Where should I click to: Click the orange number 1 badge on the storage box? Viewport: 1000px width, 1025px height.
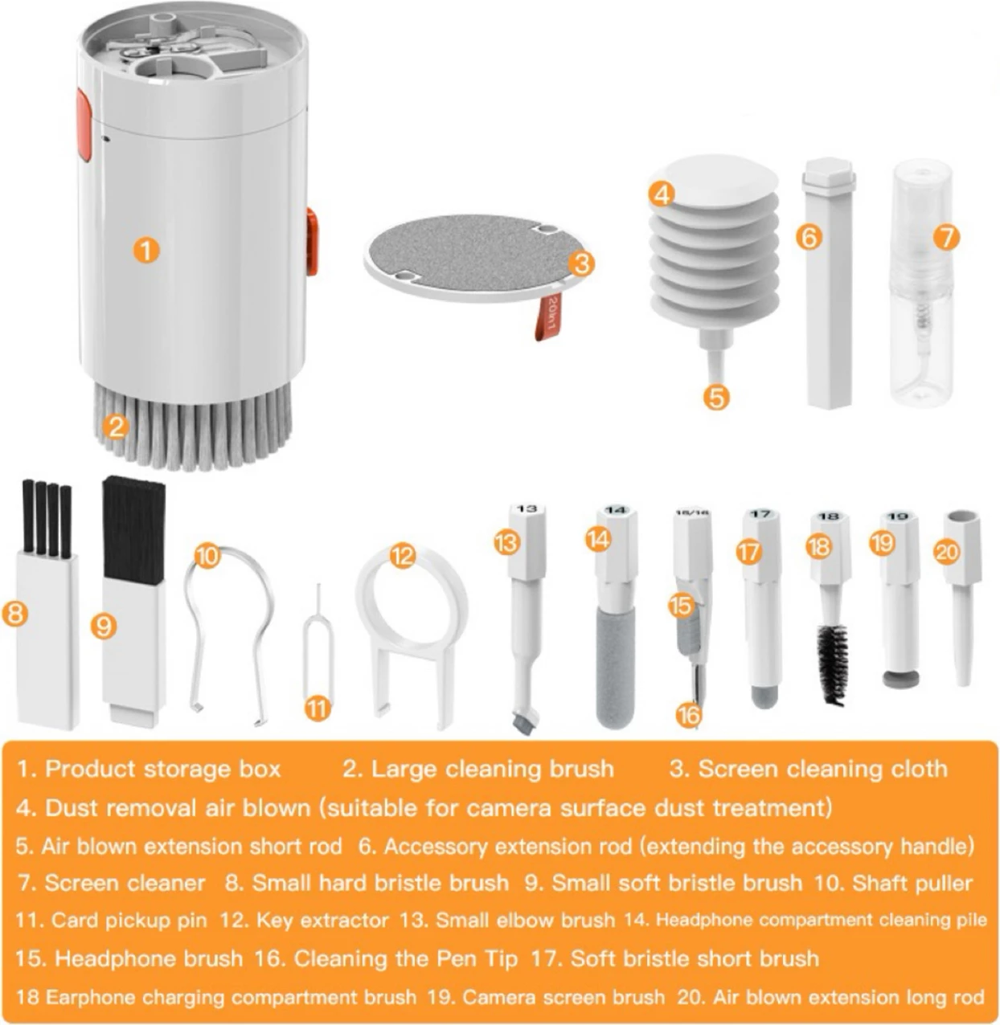[x=145, y=250]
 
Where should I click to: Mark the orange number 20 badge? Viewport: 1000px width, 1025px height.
[x=948, y=552]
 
